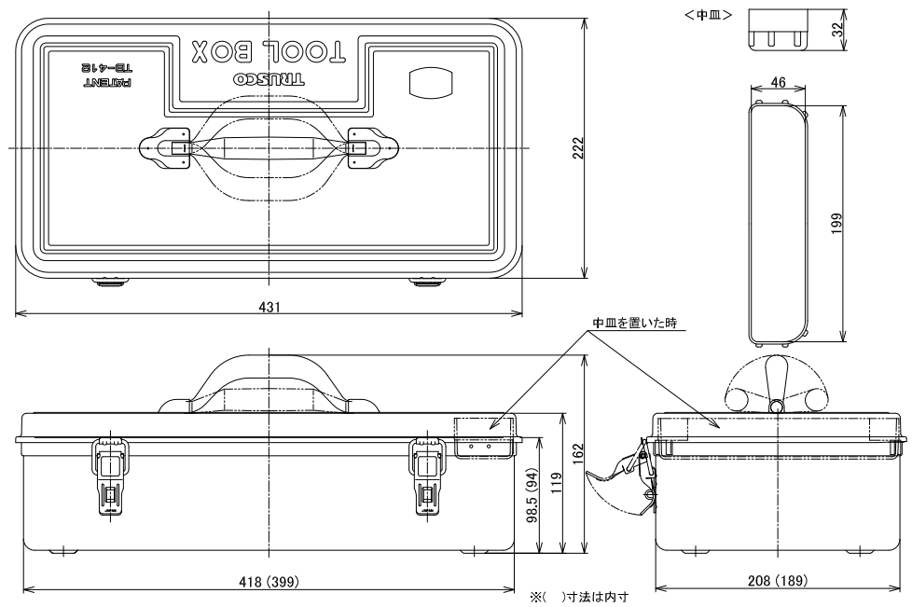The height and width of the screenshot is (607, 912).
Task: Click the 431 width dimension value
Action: tap(269, 306)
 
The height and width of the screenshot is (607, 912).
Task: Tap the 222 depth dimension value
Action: tap(577, 147)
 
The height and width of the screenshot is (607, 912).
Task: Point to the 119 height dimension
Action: tap(557, 483)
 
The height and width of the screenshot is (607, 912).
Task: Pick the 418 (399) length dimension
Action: tap(269, 581)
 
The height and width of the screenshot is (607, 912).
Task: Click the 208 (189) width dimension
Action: tap(779, 580)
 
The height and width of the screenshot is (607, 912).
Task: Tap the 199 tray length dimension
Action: tap(837, 223)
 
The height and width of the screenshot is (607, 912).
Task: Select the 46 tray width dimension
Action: tap(778, 83)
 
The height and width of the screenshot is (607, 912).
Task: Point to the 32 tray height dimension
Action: tap(837, 29)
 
